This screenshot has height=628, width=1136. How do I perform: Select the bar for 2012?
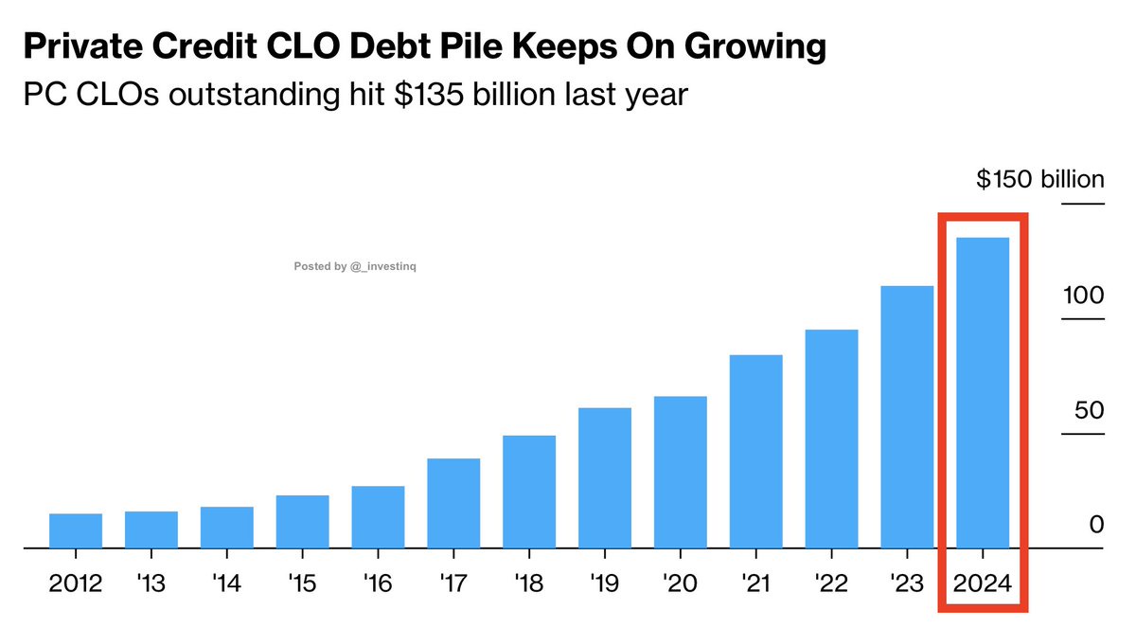(76, 530)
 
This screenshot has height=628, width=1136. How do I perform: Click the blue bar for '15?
(302, 521)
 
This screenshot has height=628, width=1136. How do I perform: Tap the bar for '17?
(453, 503)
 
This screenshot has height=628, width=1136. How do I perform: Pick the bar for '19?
(605, 477)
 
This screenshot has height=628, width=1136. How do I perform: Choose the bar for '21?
(755, 451)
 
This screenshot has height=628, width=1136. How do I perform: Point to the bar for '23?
(907, 417)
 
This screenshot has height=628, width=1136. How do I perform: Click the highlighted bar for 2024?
(983, 392)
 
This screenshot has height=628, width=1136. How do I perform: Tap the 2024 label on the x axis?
(983, 584)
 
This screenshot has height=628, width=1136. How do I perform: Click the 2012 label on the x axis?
(76, 584)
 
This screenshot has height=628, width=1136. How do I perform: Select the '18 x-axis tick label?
(529, 584)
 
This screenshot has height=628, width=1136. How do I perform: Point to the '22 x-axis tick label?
(831, 584)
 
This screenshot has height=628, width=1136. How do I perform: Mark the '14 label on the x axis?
(227, 584)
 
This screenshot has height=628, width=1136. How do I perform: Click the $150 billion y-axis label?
(1040, 180)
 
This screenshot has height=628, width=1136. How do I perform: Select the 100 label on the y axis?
(1081, 296)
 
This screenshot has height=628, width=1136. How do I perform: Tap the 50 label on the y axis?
(1089, 411)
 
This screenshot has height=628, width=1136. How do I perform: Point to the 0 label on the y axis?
(1096, 526)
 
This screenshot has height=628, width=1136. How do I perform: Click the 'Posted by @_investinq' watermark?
(355, 267)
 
